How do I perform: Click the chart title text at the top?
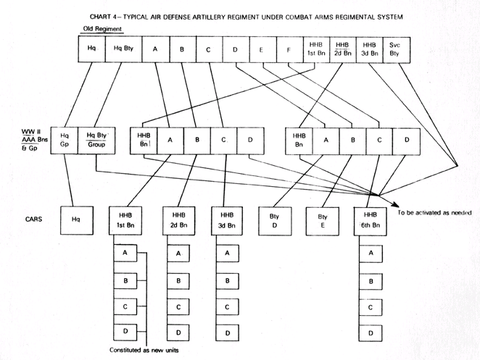click(242, 16)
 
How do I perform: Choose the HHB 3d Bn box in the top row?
click(369, 50)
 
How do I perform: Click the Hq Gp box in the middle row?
click(65, 141)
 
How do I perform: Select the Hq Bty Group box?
click(93, 141)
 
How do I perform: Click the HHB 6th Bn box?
click(371, 219)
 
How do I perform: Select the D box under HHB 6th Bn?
click(371, 333)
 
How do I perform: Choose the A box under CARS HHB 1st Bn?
click(125, 254)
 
